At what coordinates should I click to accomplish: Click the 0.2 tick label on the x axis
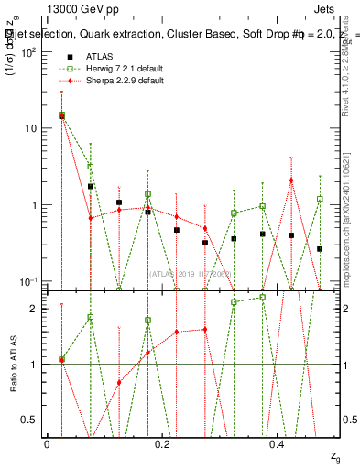coord(162,443)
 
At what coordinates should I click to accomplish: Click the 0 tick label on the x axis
coord(47,443)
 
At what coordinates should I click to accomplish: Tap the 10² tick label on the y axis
coord(29,51)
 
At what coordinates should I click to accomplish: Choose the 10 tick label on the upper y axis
coord(32,128)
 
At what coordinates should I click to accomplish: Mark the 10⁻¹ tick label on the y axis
coord(29,280)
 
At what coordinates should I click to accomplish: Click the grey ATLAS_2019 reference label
coord(191,274)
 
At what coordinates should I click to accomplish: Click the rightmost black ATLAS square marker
coord(320,249)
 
